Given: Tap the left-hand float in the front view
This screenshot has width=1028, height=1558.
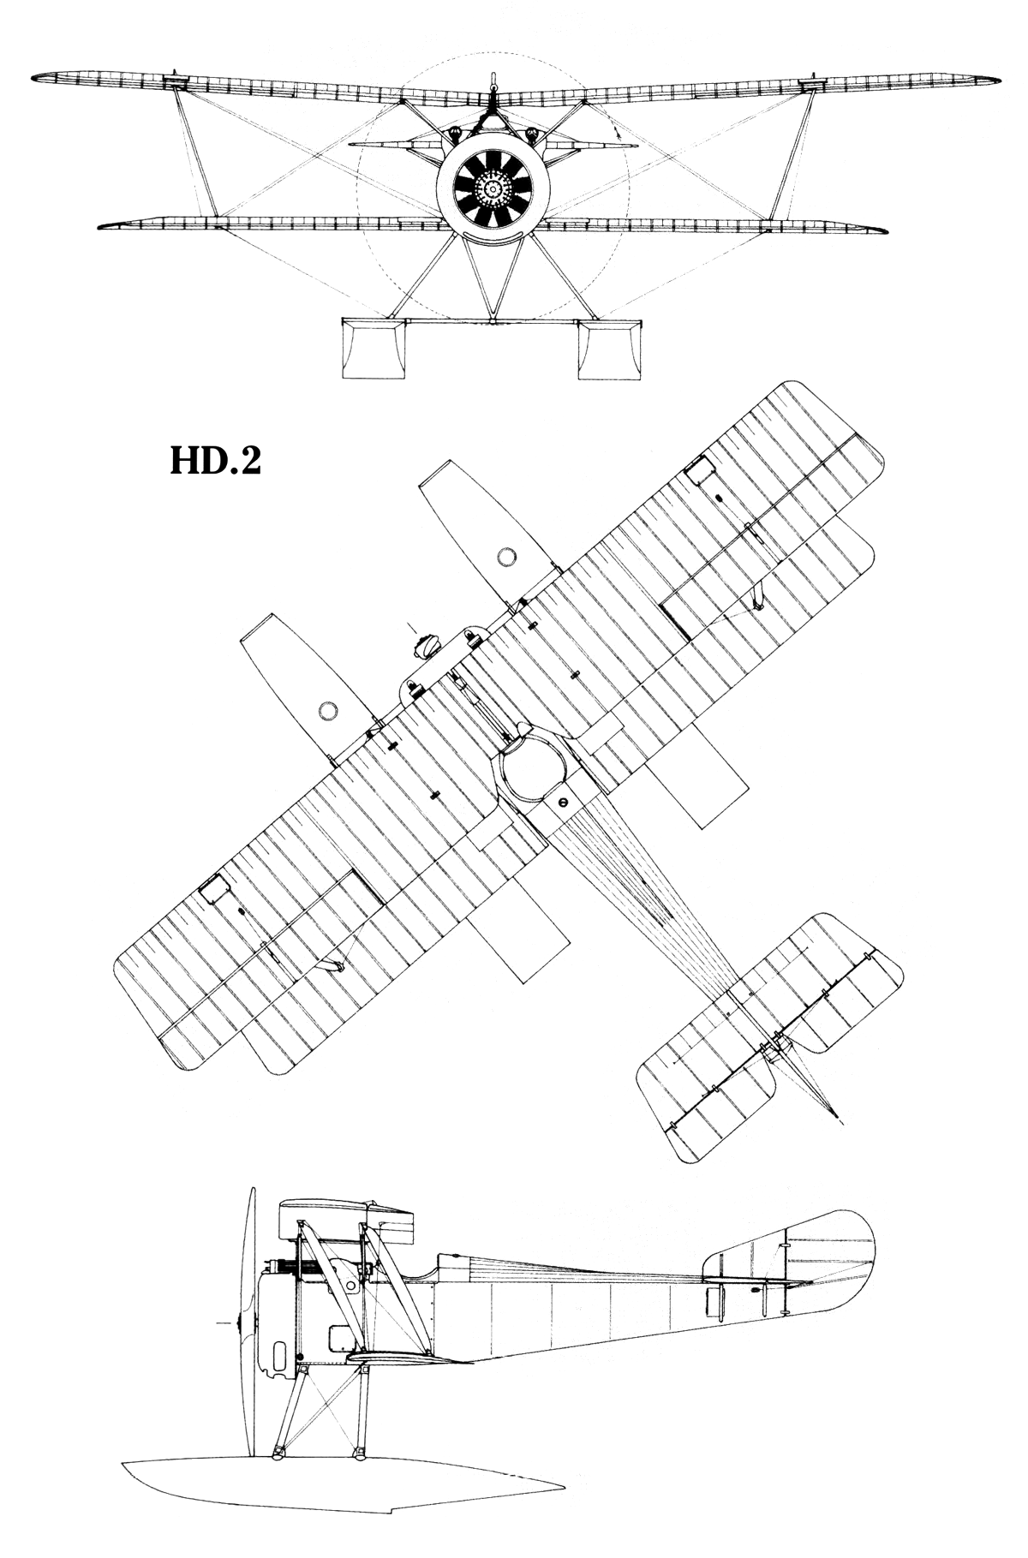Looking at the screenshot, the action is click(x=371, y=348).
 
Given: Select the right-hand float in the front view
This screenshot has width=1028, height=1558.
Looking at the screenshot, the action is click(x=609, y=348).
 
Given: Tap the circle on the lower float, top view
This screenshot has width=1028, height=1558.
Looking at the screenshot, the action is click(x=328, y=710).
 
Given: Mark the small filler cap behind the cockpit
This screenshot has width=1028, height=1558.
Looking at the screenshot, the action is click(x=563, y=803).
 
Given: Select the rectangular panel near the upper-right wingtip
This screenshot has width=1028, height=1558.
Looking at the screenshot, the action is click(x=700, y=469).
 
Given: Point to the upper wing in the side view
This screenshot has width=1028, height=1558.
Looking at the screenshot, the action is click(x=347, y=1213).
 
